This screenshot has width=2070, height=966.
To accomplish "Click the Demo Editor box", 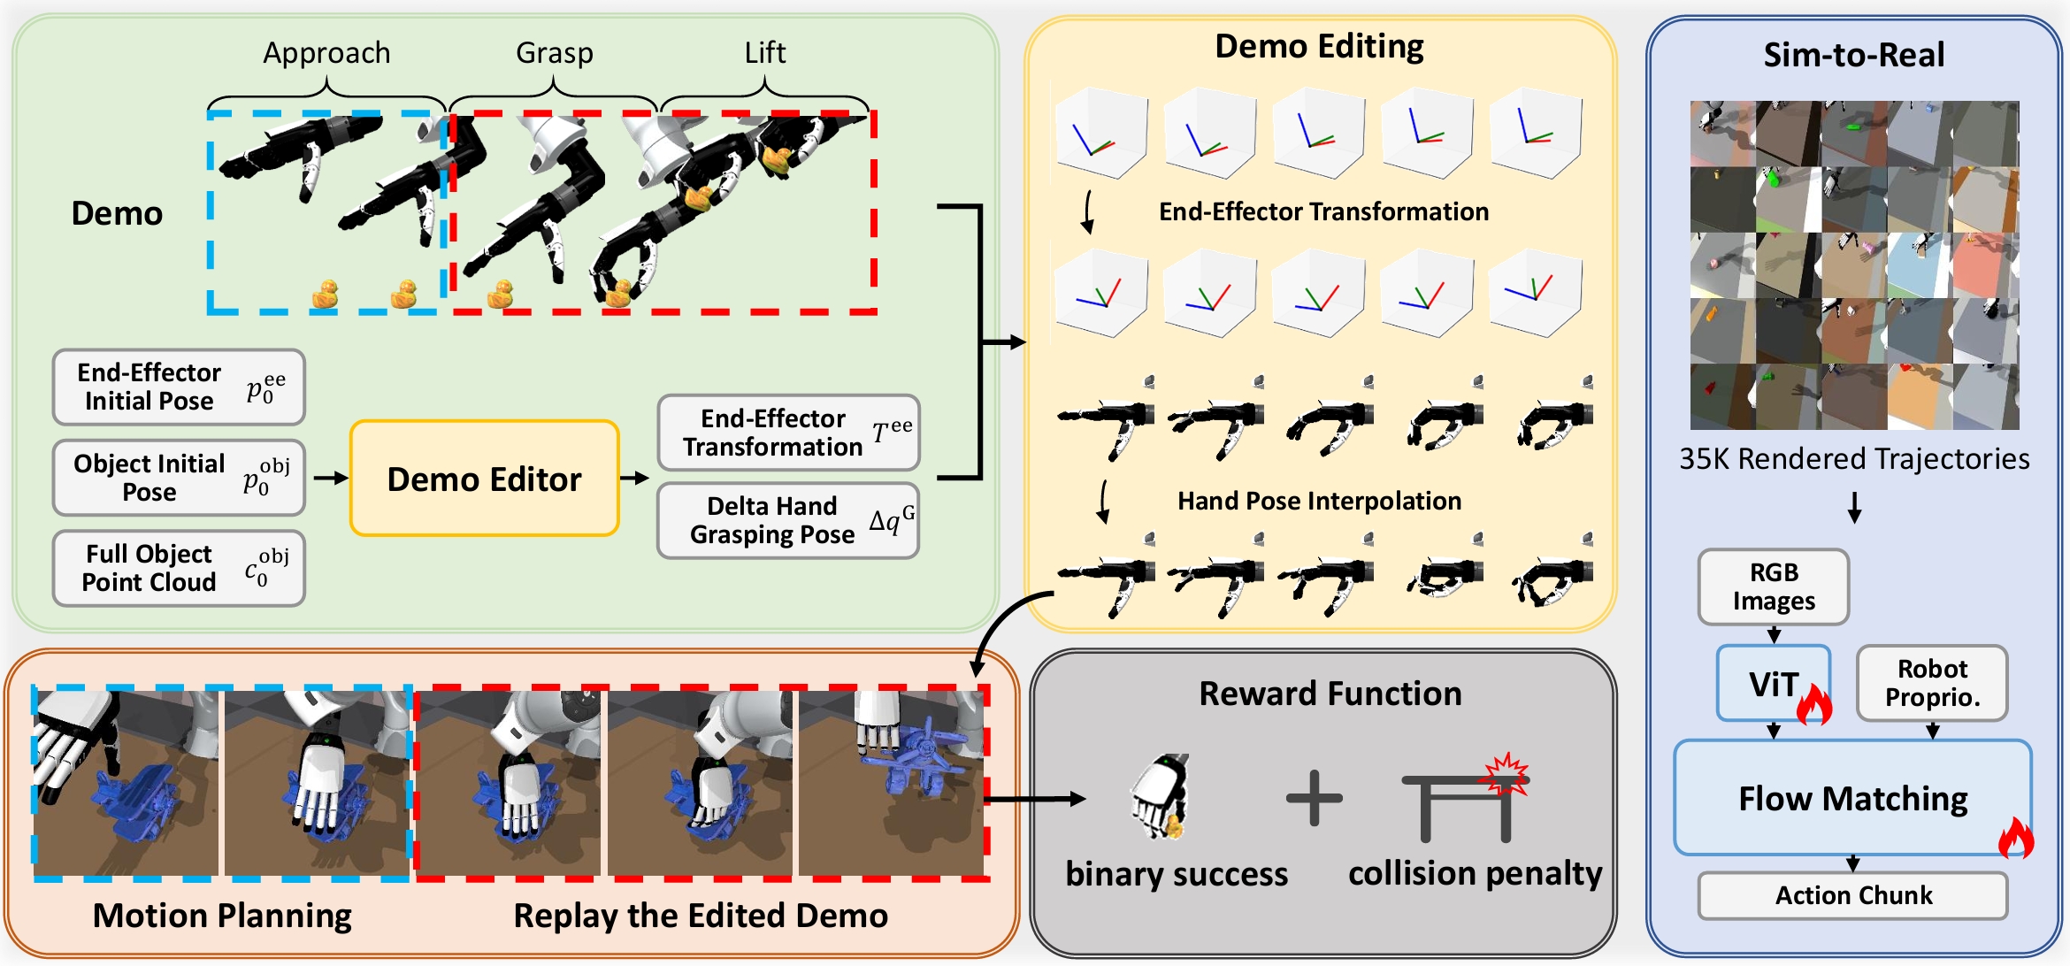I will (x=484, y=479).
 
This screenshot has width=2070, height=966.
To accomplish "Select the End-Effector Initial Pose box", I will (x=179, y=387).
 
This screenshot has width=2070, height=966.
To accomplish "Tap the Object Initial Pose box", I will (x=179, y=478).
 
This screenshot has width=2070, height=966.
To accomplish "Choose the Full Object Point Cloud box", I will (x=179, y=568).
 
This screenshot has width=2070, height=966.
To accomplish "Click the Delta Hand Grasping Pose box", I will (x=787, y=520).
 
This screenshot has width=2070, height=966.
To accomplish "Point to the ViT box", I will (x=1773, y=683).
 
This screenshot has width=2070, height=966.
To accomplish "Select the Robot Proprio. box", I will (x=1932, y=683).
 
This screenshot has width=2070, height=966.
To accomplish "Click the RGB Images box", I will (x=1773, y=586).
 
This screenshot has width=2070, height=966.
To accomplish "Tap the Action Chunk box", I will (x=1852, y=895).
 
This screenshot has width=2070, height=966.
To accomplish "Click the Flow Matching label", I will (x=1852, y=799).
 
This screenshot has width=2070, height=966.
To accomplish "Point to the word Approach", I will (x=326, y=53).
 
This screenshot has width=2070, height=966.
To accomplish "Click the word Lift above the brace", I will (x=764, y=53).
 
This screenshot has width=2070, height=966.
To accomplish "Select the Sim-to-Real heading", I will (x=1854, y=55).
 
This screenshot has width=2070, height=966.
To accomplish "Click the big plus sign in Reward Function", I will (x=1314, y=798).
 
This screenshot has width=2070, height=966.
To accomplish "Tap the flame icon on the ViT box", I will (x=1813, y=704).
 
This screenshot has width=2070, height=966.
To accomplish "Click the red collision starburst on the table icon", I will (x=1506, y=773).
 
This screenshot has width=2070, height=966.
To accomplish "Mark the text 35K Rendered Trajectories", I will (x=1854, y=459).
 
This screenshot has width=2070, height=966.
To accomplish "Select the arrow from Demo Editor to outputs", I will (x=634, y=479).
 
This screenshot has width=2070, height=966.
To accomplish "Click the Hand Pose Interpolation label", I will (x=1319, y=501).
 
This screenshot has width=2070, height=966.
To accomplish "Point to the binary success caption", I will (x=1177, y=874).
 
